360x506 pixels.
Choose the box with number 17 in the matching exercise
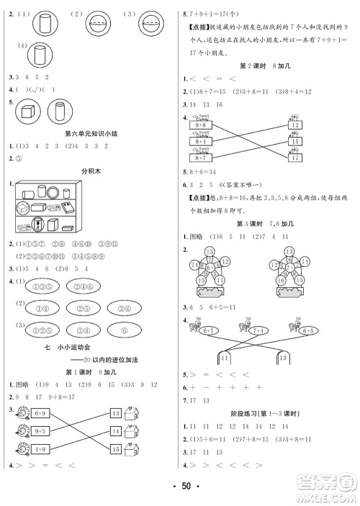(x=294, y=157)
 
